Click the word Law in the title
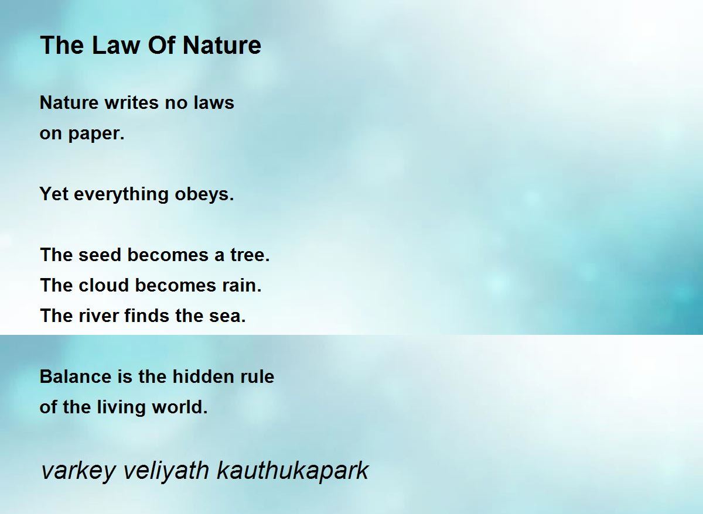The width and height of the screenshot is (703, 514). [x=116, y=45]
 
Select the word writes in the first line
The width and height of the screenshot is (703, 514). [x=131, y=102]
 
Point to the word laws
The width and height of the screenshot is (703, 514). [x=214, y=102]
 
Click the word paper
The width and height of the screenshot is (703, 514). [x=96, y=134]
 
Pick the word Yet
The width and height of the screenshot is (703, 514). [x=54, y=194]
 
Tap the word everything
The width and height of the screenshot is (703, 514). [x=121, y=194]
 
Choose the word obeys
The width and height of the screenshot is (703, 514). [x=204, y=194]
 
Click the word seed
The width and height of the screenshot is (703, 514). [x=100, y=255]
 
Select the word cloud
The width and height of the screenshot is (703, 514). [x=104, y=285]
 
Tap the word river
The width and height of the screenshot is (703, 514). [x=98, y=316]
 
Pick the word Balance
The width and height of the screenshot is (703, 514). [x=76, y=376]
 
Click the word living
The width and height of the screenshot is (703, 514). [x=121, y=407]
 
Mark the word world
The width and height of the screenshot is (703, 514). [x=180, y=407]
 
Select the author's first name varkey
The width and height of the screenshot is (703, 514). [x=79, y=471]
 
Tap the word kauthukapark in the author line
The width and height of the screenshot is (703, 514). [x=292, y=471]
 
